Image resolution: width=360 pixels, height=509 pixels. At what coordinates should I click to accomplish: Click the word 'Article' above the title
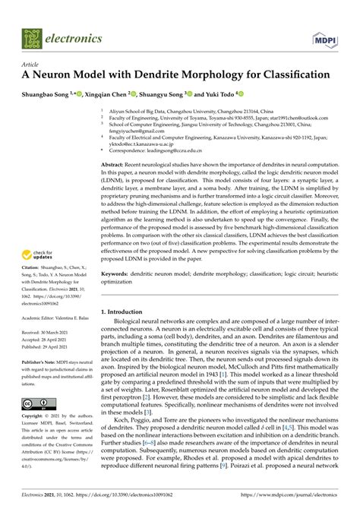point(31,65)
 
